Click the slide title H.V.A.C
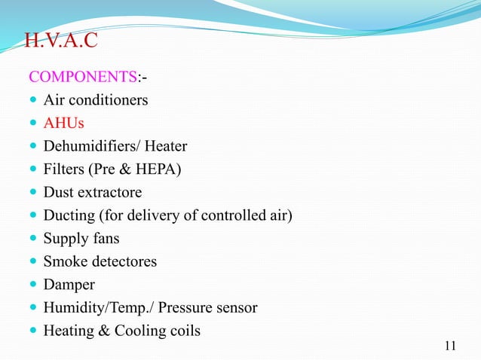(x=61, y=40)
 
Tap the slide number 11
(x=451, y=346)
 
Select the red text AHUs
(x=63, y=123)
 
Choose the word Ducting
(x=69, y=216)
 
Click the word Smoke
(x=64, y=262)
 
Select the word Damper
(x=69, y=285)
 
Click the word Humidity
(x=72, y=308)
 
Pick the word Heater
(x=167, y=146)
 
